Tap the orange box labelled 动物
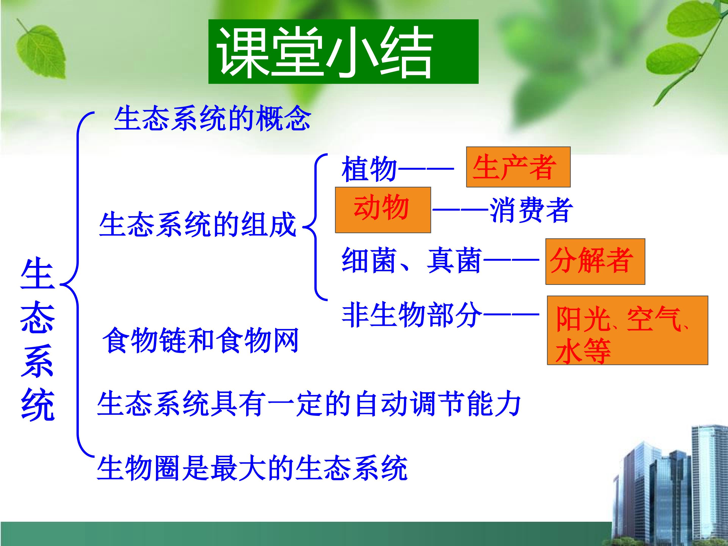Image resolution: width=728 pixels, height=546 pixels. pyautogui.click(x=383, y=210)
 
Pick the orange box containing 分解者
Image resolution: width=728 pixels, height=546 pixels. pyautogui.click(x=595, y=262)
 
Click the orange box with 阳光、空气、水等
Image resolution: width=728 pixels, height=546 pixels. pyautogui.click(x=627, y=330)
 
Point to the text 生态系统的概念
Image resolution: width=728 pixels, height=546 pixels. pyautogui.click(x=212, y=118)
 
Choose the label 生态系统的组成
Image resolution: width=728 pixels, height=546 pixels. pyautogui.click(x=197, y=225)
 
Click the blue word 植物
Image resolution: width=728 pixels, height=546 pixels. pyautogui.click(x=369, y=169)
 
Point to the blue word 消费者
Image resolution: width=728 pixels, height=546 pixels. pyautogui.click(x=531, y=210)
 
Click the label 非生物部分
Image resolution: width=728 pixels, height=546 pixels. pyautogui.click(x=412, y=315)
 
